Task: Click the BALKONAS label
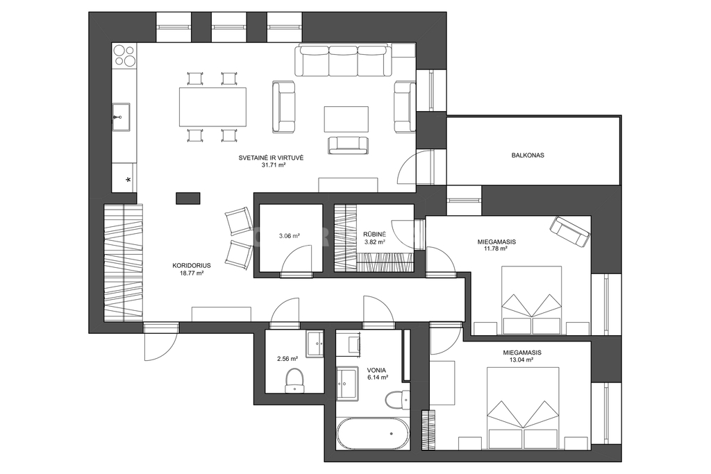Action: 528,155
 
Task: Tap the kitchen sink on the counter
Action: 121,117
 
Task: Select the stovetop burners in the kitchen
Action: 124,56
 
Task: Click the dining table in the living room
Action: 213,107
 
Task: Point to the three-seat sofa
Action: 343,60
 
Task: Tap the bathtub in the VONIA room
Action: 373,434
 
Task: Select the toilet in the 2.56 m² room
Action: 294,380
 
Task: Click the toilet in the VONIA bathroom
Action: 397,398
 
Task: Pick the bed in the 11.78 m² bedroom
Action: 531,300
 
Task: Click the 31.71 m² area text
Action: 271,165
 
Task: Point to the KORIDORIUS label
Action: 192,266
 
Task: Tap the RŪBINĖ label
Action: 374,235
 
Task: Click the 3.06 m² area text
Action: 290,236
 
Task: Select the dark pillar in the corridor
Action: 187,198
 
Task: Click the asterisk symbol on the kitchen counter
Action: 128,180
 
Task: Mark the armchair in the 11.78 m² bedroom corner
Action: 570,232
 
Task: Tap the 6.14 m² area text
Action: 378,377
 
